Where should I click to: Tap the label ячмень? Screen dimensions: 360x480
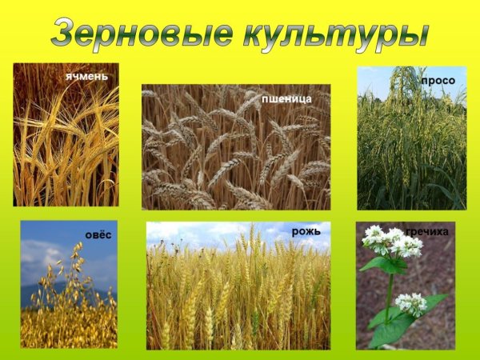87,77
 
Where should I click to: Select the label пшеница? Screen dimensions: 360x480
286,98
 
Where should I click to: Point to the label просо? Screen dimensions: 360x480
438,81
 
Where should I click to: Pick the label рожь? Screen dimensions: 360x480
306,231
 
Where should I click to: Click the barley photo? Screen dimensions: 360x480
66,144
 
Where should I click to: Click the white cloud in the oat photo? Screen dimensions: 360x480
40,256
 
